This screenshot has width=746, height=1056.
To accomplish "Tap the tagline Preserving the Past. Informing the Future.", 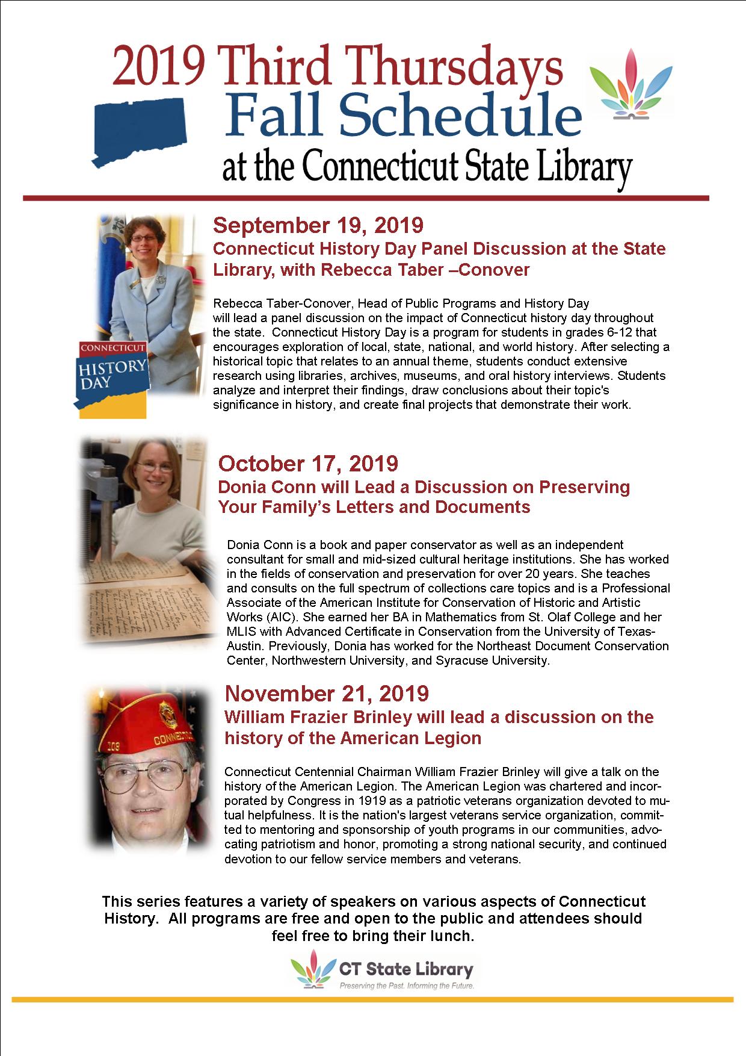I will (x=406, y=986).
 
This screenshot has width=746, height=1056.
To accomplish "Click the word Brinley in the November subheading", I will (x=383, y=717).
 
